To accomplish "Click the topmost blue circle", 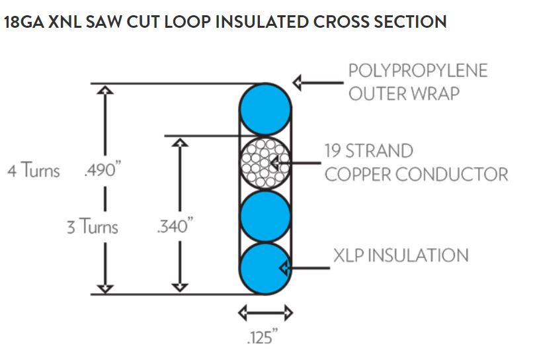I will coord(265,109).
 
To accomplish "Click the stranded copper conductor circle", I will coord(265,163).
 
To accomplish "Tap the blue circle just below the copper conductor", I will coord(265,216).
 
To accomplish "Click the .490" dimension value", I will coord(101,171).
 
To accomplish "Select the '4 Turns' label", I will coord(33,171).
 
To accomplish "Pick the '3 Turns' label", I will coord(92,227).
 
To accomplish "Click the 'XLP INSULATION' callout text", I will coord(401,255).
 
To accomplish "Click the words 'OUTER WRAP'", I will coord(403,93).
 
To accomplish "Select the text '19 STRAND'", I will coord(368,151).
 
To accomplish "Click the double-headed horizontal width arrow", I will coord(265,311).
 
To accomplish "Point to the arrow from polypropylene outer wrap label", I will coord(317,83).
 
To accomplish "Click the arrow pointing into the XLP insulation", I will coord(304,268).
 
